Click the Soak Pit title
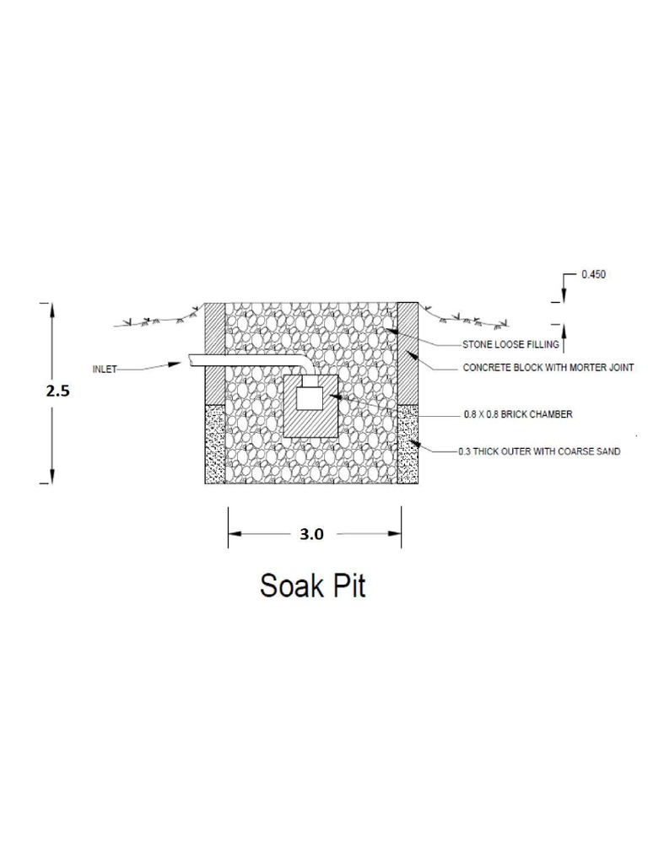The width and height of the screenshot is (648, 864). [313, 585]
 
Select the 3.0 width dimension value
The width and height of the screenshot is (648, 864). [312, 533]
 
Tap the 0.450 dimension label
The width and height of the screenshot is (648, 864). [593, 275]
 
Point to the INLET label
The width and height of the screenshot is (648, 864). [105, 369]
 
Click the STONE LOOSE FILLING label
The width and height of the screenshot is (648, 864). [510, 345]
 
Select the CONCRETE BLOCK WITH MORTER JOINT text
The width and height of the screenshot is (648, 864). [548, 368]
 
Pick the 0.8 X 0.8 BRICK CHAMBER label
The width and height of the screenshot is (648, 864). [518, 414]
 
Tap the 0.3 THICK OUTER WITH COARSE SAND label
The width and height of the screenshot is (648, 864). [539, 451]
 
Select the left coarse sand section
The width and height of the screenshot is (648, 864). [215, 443]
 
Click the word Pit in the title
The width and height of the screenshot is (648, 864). [348, 585]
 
